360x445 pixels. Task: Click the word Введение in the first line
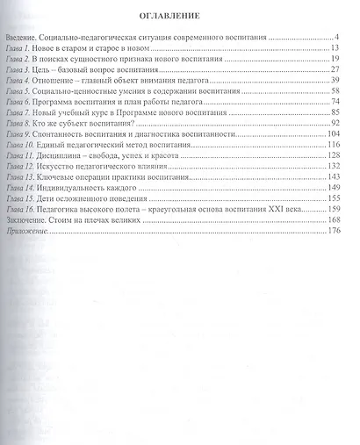[21, 39]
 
